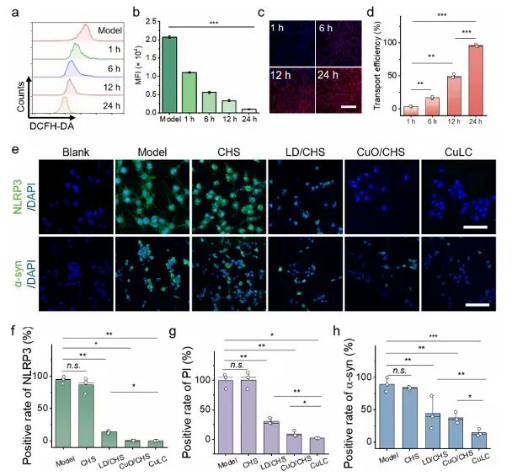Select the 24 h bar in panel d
coord(476,80)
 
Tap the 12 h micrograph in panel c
coord(292,90)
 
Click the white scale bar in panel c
coord(349,106)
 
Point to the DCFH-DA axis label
coord(51,126)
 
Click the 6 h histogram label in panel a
coord(114,68)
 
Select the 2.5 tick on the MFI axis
coord(152,21)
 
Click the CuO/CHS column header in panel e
coord(381,152)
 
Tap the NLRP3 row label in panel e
coord(18,196)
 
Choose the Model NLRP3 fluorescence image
coord(152,196)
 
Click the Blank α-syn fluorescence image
coord(76,274)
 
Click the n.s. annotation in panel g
coord(237,365)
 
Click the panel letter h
coord(336,331)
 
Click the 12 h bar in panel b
coord(229,106)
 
